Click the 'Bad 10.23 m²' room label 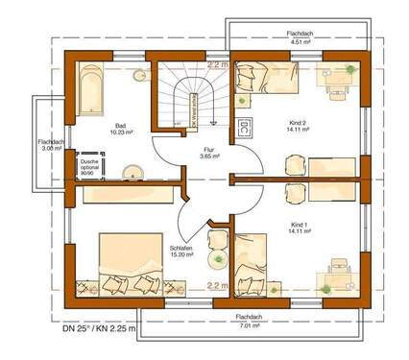121,128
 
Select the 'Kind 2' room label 296,129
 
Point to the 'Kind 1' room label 298,227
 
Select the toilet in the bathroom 139,75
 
